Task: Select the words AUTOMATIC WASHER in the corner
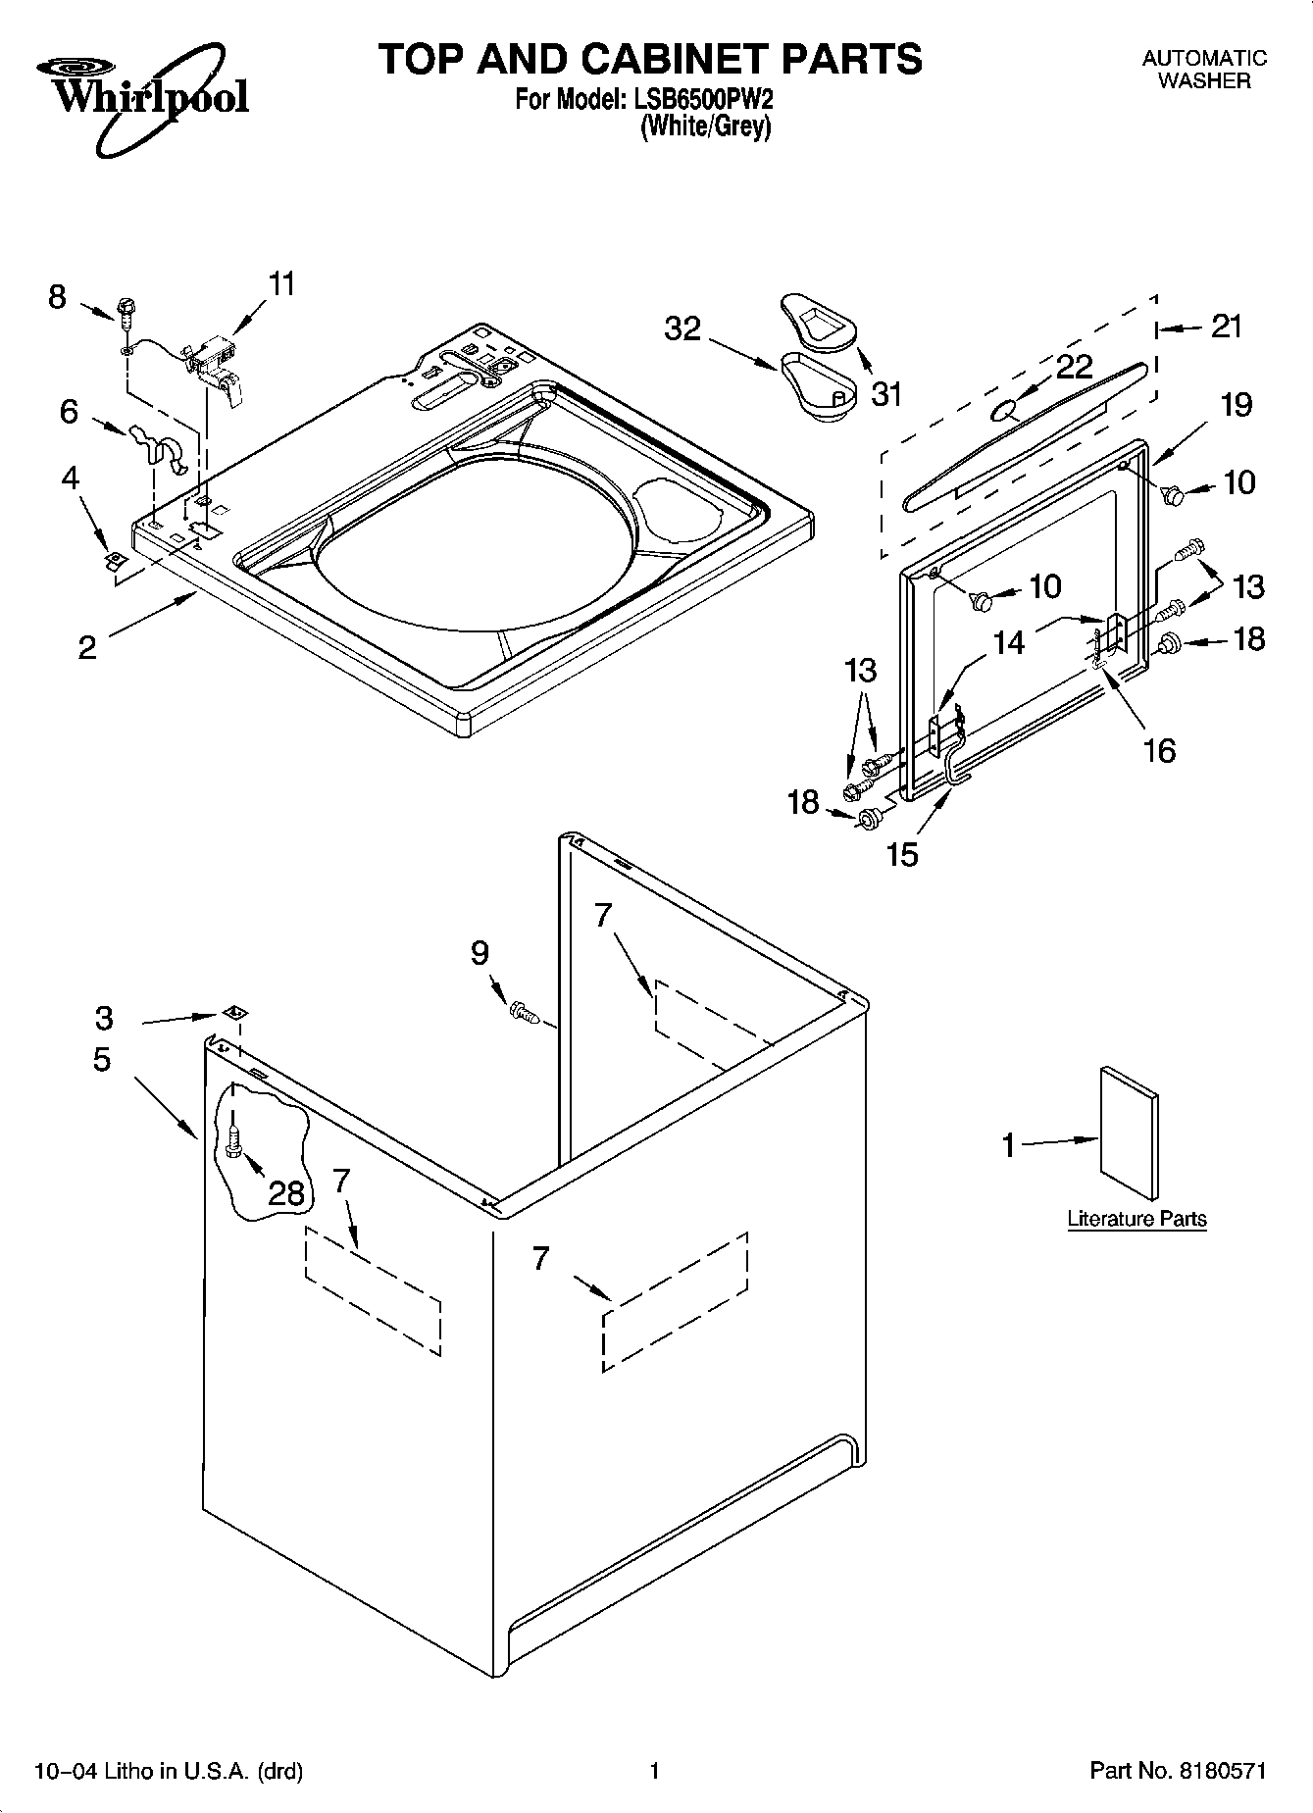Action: coord(1203,70)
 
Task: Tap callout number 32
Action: coord(682,328)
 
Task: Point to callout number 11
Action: coord(280,284)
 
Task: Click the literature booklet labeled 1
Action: coord(1128,1133)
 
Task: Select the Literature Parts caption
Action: coord(1136,1219)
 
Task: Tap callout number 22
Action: coord(1075,367)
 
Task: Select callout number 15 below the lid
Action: coord(902,854)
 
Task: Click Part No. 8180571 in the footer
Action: coord(1178,1771)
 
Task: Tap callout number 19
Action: coord(1237,404)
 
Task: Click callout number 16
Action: coord(1159,750)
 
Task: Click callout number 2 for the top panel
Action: coord(87,647)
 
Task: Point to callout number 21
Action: coord(1226,327)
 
